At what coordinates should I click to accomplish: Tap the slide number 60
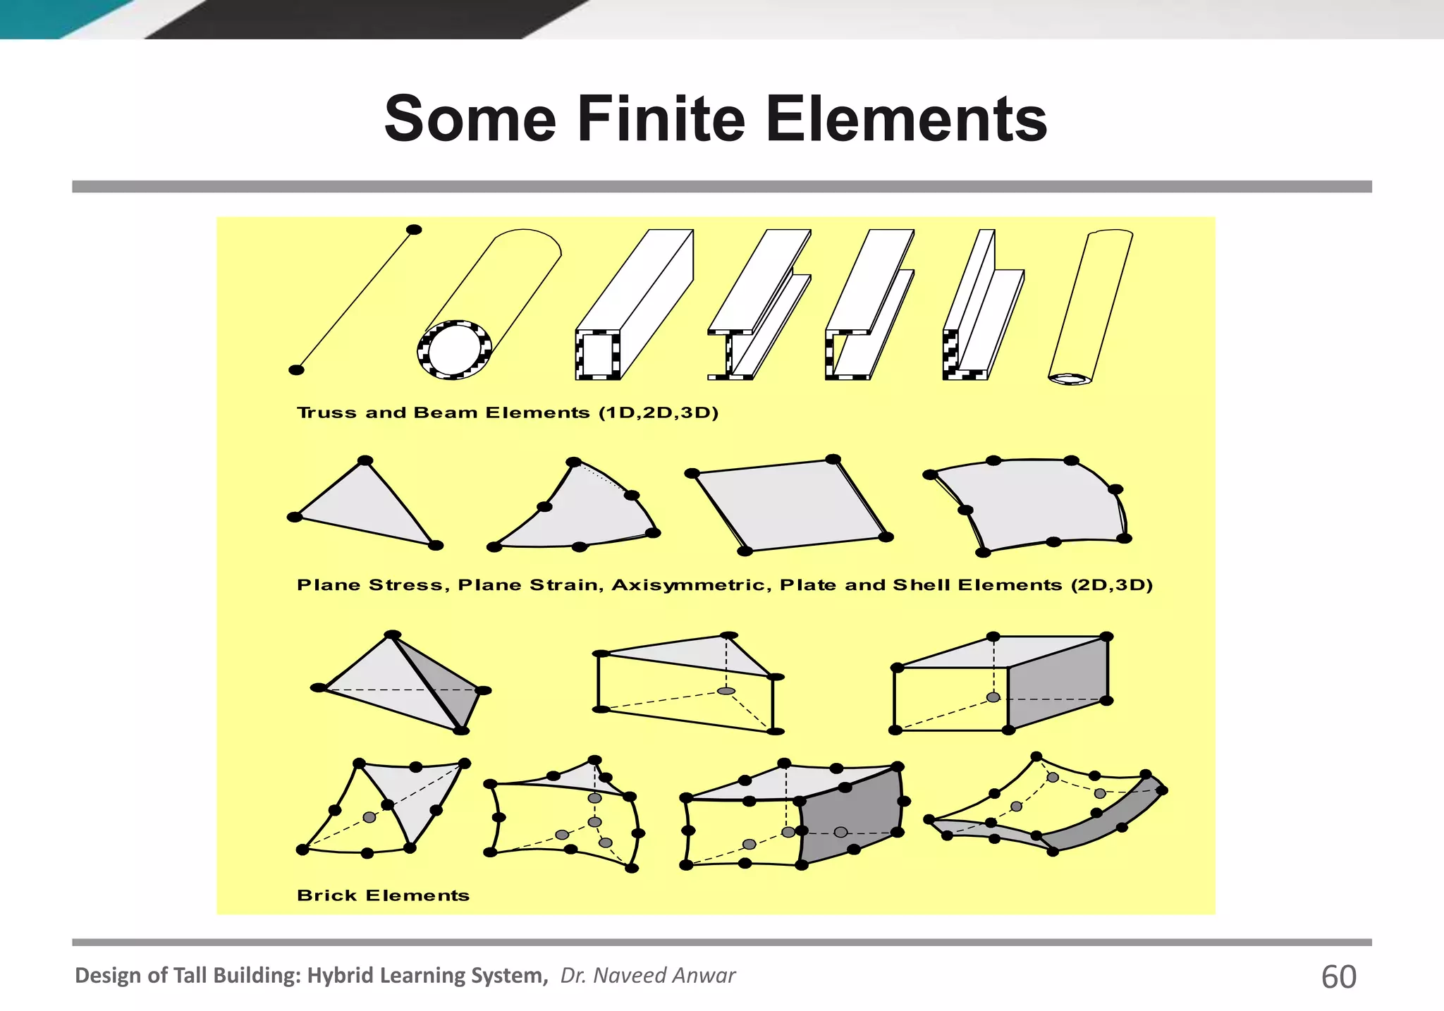[1338, 976]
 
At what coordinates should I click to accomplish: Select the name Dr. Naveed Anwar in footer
[647, 975]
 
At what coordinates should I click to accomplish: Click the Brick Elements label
[383, 895]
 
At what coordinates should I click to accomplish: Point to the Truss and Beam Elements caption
[507, 412]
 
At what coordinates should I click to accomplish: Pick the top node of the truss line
[415, 230]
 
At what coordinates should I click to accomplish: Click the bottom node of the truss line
[297, 370]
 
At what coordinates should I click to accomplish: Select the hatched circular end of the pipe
[454, 350]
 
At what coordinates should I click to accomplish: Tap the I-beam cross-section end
[729, 355]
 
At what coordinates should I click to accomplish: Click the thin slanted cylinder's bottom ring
[1070, 379]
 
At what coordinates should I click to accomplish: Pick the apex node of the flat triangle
[365, 461]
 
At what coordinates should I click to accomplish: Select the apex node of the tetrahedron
[392, 635]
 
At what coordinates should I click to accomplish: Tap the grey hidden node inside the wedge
[726, 691]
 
